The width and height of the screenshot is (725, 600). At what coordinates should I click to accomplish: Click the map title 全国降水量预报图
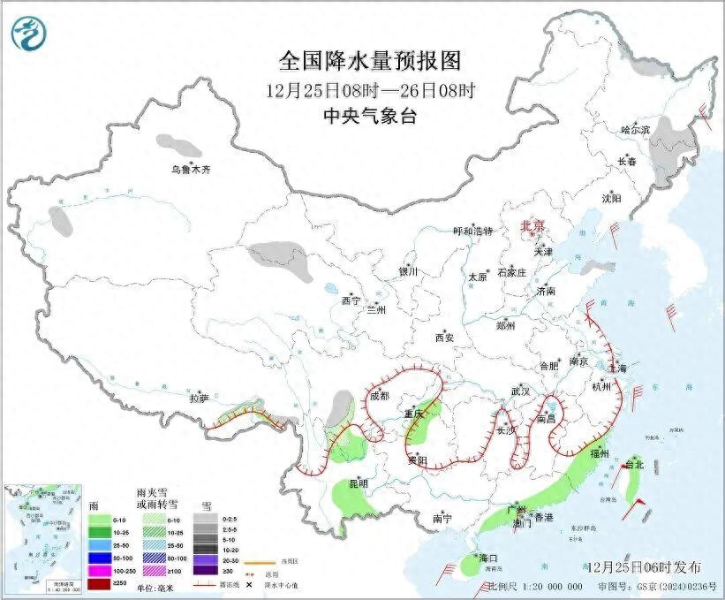click(x=370, y=62)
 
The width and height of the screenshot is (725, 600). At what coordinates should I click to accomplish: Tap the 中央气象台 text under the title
click(x=370, y=116)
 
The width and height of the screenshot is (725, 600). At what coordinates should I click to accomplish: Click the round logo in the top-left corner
click(x=26, y=34)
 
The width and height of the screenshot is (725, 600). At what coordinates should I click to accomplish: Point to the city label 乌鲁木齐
click(x=192, y=169)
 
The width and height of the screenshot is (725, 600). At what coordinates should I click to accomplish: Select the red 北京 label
click(x=534, y=225)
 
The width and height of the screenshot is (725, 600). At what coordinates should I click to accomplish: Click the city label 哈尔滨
click(x=634, y=130)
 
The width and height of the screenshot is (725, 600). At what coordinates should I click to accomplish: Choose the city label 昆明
click(x=358, y=484)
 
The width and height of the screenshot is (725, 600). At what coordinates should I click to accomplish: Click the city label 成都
click(x=380, y=396)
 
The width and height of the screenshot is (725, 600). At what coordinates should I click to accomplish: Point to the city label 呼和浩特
click(x=472, y=232)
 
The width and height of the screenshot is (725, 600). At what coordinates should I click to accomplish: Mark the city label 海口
click(x=488, y=558)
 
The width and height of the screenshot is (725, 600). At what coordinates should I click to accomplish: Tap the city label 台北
click(x=634, y=464)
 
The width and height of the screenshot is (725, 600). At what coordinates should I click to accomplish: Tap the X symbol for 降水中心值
click(x=261, y=586)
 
